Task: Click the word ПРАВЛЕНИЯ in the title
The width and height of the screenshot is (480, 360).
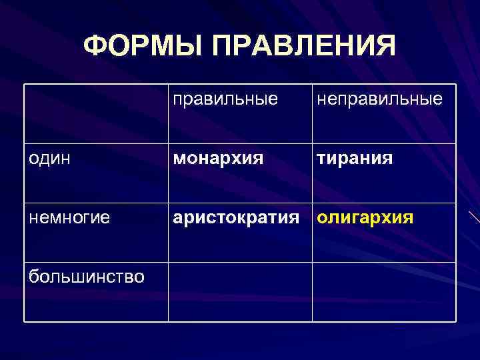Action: click(303, 46)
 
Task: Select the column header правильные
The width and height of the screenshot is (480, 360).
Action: click(225, 99)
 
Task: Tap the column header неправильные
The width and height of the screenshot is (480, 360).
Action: click(379, 99)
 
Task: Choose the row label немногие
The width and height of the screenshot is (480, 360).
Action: click(69, 217)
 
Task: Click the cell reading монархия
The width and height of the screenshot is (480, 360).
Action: click(218, 159)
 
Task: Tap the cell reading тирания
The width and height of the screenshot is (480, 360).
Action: click(355, 159)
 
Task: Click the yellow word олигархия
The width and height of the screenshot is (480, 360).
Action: click(365, 217)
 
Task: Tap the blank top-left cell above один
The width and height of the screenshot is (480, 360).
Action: click(95, 113)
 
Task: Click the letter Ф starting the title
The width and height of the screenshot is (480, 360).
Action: click(95, 46)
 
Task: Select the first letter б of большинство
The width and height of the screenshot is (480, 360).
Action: click(33, 275)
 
